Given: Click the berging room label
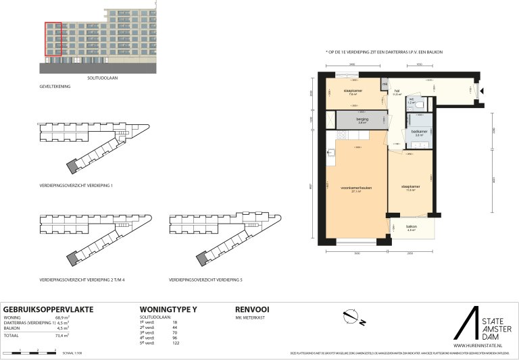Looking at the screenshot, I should pyautogui.click(x=362, y=120).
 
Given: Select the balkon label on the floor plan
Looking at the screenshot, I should pyautogui.click(x=411, y=228).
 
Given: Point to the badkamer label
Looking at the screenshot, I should pyautogui.click(x=418, y=132).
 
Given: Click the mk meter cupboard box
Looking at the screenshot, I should pyautogui.click(x=385, y=84).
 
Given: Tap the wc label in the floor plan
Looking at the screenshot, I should pyautogui.click(x=410, y=100).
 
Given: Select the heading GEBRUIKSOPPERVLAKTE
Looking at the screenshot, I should pyautogui.click(x=48, y=309).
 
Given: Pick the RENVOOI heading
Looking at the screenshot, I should pyautogui.click(x=252, y=309).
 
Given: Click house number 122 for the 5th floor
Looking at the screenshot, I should pyautogui.click(x=176, y=344).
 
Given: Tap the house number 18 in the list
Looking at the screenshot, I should pyautogui.click(x=174, y=323).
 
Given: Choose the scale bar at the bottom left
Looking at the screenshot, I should pyautogui.click(x=29, y=352).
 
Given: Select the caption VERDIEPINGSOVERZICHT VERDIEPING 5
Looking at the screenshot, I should pyautogui.click(x=206, y=279).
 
